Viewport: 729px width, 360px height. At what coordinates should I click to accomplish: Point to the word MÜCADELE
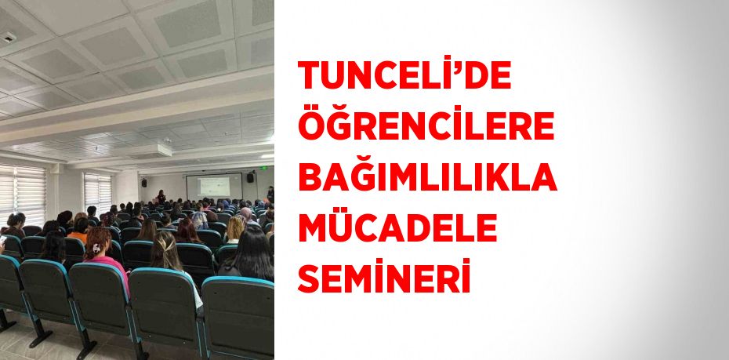pos(397,228)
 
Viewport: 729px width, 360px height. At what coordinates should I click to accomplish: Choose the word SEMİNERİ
pos(384,279)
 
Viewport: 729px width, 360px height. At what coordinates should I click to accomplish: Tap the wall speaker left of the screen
pos(143,183)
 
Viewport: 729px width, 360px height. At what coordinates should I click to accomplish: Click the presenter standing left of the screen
pos(161,196)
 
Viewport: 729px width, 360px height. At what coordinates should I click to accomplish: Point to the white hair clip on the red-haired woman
pos(97,248)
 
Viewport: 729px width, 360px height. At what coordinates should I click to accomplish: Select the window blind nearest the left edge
pos(20,192)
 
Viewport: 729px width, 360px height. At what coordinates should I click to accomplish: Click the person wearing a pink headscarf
pos(245,214)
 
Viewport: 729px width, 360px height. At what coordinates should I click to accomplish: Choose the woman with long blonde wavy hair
pos(235,229)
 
